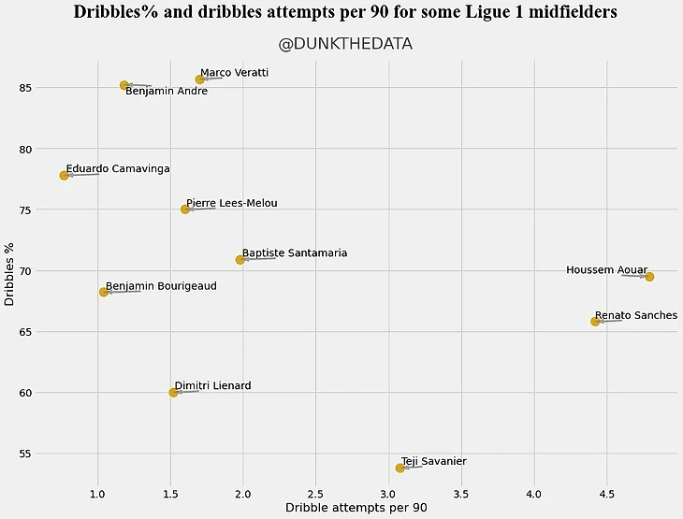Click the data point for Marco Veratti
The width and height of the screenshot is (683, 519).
click(x=199, y=79)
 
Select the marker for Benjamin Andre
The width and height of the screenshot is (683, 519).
click(x=124, y=85)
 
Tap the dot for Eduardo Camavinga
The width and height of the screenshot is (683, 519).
click(x=64, y=176)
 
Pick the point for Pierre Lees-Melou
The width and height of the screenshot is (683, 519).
click(x=185, y=209)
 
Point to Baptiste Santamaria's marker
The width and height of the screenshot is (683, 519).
click(x=240, y=260)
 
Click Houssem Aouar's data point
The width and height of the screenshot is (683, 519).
click(x=649, y=277)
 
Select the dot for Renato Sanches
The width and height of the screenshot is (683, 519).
click(x=595, y=322)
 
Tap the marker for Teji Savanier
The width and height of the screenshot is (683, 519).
click(x=400, y=468)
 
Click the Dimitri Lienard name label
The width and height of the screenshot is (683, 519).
click(x=212, y=385)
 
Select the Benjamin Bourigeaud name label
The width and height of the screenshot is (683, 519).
click(x=161, y=286)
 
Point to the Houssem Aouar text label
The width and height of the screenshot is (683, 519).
click(x=606, y=270)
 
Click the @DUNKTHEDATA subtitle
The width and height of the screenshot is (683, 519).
click(x=345, y=44)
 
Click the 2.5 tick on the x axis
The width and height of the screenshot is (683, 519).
click(x=315, y=492)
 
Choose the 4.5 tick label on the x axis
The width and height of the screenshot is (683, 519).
click(x=606, y=492)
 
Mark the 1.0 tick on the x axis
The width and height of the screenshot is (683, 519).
click(x=97, y=492)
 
